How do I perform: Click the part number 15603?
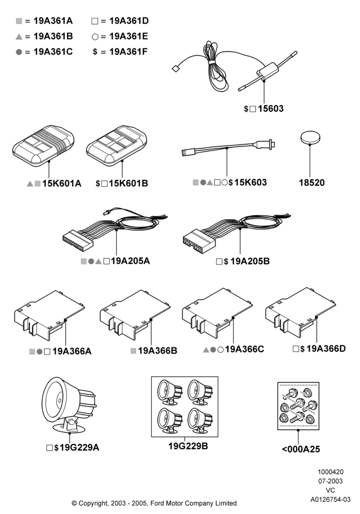[x=271, y=108]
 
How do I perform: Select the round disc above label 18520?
[x=310, y=137]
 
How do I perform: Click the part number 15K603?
[x=250, y=182]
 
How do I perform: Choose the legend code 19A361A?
[x=53, y=21]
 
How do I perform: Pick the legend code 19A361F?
[x=129, y=52]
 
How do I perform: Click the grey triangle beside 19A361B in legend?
[x=19, y=36]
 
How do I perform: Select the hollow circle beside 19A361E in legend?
[x=95, y=36]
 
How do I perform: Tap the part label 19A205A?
[x=131, y=261]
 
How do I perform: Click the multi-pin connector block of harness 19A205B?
[x=199, y=240]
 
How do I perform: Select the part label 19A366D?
[x=326, y=348]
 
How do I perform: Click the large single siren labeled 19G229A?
[x=68, y=405]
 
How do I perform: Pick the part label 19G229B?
[x=188, y=446]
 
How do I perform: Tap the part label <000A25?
[x=301, y=449]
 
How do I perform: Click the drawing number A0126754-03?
[x=331, y=500]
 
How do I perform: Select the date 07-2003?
[x=331, y=481]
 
